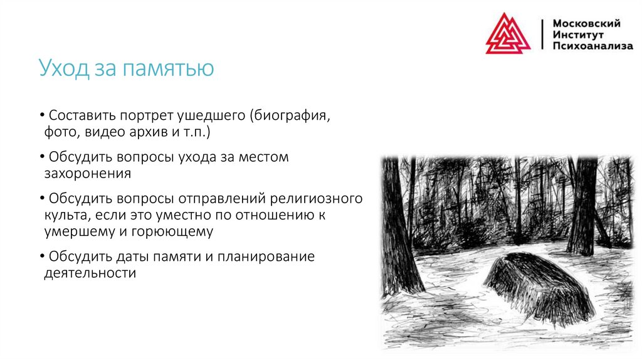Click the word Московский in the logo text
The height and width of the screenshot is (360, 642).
click(586, 23)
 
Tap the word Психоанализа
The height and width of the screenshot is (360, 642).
click(592, 46)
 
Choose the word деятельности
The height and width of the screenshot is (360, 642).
click(90, 273)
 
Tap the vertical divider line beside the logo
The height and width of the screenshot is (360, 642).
click(542, 34)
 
